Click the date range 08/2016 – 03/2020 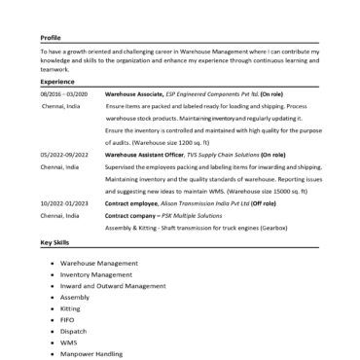point(64,92)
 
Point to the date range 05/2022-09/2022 point(64,155)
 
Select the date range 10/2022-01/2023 point(64,202)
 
